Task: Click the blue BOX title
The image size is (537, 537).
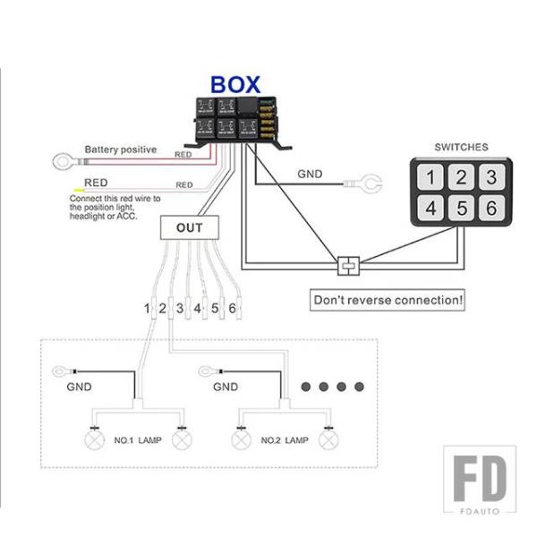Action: click(235, 85)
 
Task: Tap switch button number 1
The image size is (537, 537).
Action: click(431, 177)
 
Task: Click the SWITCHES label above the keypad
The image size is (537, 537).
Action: click(461, 147)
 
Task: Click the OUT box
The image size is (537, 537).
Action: click(190, 227)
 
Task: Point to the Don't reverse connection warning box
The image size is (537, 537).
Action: click(388, 300)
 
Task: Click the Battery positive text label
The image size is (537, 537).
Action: click(121, 149)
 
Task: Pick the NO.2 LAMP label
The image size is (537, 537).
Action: click(284, 441)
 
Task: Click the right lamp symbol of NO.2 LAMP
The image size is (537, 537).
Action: click(329, 439)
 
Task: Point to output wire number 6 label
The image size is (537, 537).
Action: click(233, 309)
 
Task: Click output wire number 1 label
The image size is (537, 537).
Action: click(146, 309)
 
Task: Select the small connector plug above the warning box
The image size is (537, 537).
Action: click(348, 266)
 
